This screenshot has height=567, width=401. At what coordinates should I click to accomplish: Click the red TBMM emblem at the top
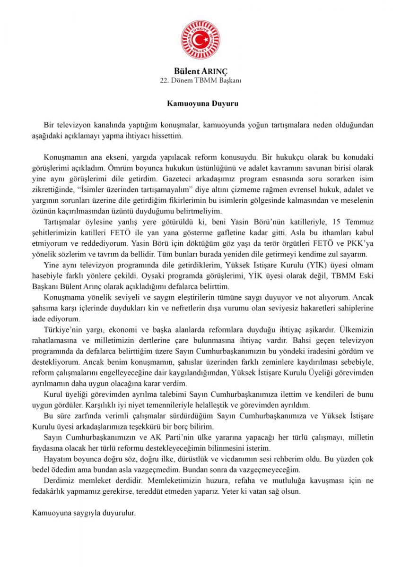[200, 39]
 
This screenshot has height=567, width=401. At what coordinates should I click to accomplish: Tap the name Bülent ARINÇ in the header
[200, 71]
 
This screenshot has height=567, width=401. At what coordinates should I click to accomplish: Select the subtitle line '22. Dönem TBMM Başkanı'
[200, 80]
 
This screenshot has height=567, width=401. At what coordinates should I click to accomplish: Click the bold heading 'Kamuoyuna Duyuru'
[200, 103]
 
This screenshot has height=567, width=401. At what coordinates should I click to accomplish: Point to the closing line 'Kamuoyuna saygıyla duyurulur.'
[84, 512]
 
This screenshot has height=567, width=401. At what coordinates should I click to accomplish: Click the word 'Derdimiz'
[60, 481]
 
